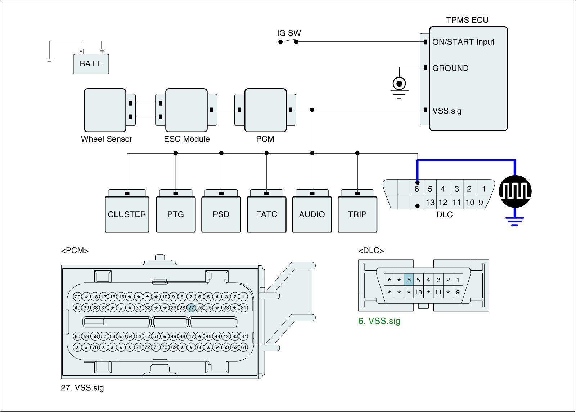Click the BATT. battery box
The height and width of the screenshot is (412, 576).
[91, 64]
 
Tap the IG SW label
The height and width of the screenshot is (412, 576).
[289, 33]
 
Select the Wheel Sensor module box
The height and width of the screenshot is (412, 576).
[105, 110]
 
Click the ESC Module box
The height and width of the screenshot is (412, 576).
[186, 110]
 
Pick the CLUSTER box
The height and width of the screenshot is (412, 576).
[127, 214]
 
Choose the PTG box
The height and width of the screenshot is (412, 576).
[176, 214]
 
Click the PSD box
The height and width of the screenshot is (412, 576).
[221, 214]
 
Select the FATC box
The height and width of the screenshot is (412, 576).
[266, 214]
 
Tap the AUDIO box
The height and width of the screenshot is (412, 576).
[312, 214]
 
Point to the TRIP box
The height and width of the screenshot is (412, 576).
[357, 214]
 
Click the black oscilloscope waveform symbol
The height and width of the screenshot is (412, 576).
[515, 191]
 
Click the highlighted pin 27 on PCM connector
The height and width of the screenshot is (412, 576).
[191, 308]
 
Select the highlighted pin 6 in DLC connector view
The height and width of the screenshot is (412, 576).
[409, 280]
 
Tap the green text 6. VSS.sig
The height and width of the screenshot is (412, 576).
[379, 321]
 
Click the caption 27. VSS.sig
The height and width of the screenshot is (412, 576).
[82, 388]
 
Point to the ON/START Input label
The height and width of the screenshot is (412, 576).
[463, 42]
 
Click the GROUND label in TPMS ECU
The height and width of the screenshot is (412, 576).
[450, 68]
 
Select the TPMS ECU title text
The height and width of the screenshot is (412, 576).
[467, 20]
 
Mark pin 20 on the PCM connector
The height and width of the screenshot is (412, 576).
[77, 297]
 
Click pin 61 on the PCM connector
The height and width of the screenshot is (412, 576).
[244, 347]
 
